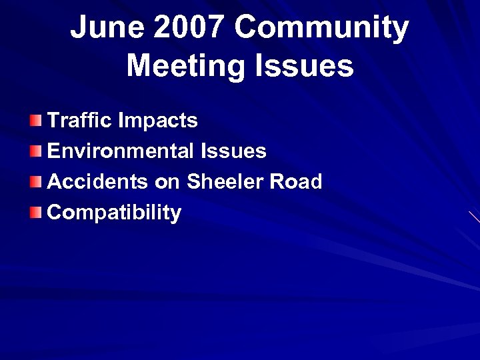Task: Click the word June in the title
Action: click(106, 29)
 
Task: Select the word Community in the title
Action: click(321, 29)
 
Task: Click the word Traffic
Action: click(79, 121)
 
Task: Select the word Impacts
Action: click(158, 121)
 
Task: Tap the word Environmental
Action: click(121, 151)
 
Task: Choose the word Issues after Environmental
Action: click(233, 151)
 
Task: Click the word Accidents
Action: click(97, 181)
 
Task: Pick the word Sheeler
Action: click(227, 181)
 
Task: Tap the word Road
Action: click(297, 181)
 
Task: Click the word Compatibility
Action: click(114, 213)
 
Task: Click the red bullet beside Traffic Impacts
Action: click(36, 121)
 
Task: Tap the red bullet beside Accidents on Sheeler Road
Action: click(36, 182)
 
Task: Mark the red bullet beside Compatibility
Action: click(36, 213)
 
